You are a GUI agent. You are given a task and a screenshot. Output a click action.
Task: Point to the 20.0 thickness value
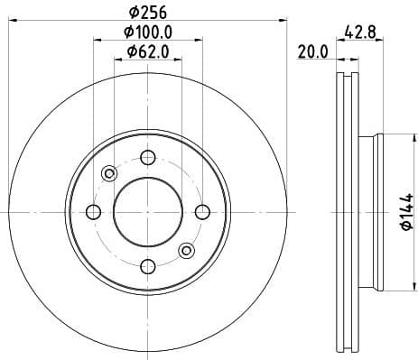tap(313, 52)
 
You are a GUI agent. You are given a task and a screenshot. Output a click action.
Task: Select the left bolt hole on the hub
tap(93, 212)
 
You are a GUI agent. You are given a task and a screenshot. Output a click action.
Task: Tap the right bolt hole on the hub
tap(202, 212)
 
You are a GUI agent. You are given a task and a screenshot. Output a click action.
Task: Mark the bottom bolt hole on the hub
tap(147, 265)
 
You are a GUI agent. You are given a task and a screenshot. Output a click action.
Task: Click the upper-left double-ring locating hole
tap(109, 173)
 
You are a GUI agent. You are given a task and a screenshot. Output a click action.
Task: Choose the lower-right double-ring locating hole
tap(186, 250)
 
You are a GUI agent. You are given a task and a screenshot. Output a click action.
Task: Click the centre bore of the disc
tap(147, 212)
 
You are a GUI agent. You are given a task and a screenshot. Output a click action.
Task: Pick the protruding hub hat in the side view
tap(372, 212)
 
